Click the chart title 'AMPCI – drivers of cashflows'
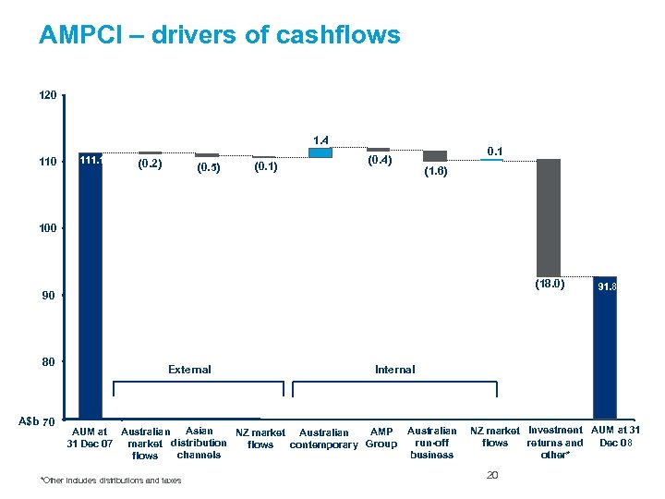[220, 35]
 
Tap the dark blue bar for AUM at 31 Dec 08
[605, 347]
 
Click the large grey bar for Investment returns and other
[549, 217]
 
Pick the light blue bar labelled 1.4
[320, 152]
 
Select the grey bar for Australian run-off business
[435, 155]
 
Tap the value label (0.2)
[150, 164]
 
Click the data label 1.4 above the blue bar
[321, 140]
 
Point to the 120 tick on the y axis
[48, 96]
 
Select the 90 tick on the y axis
[48, 296]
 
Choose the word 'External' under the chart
[189, 370]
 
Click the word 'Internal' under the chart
[394, 370]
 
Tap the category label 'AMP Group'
[381, 437]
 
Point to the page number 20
[491, 475]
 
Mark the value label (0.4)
[379, 161]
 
